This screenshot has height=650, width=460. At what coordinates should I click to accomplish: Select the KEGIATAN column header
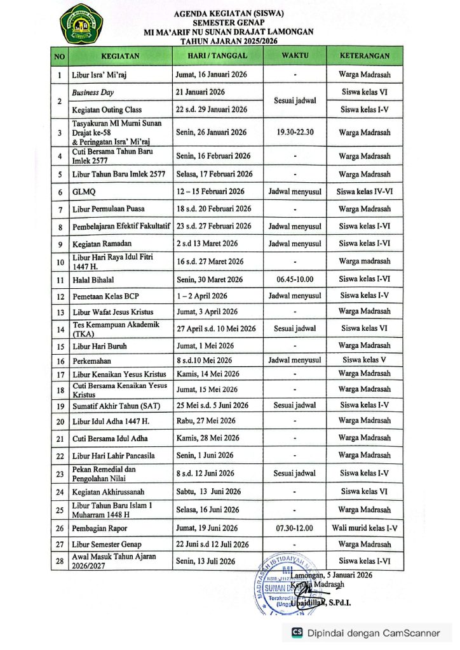(x=119, y=56)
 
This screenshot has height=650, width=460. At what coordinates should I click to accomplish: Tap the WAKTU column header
(x=295, y=56)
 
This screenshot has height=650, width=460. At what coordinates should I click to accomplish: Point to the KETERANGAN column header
(x=364, y=56)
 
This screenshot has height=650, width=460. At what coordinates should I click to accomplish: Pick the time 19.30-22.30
(x=295, y=133)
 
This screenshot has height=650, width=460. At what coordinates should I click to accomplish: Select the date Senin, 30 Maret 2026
(x=209, y=279)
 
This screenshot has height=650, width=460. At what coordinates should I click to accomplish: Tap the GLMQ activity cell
(x=83, y=192)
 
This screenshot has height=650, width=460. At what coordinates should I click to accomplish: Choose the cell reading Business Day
(x=93, y=93)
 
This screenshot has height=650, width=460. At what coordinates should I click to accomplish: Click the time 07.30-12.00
(x=295, y=528)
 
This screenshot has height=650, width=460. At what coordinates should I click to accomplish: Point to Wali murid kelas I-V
(x=364, y=528)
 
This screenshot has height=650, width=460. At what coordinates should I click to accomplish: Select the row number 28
(x=59, y=561)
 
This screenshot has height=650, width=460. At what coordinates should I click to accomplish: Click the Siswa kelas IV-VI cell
(x=364, y=192)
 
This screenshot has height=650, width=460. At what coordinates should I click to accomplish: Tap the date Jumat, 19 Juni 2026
(x=206, y=528)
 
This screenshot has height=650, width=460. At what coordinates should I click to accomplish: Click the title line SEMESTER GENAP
(x=229, y=22)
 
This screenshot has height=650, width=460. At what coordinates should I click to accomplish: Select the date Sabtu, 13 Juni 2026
(x=208, y=491)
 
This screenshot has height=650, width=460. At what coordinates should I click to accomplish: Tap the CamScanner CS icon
(x=297, y=632)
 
